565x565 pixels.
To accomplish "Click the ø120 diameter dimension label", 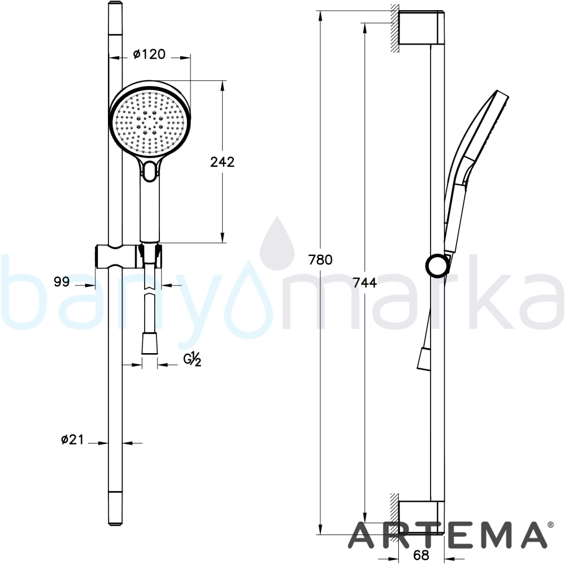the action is coord(149,54).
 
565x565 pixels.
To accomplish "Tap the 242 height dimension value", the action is coord(222,162).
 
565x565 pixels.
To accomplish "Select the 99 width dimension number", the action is coord(62,281).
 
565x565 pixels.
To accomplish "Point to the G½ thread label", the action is coord(193,359).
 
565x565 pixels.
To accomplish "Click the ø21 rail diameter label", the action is coord(72,439).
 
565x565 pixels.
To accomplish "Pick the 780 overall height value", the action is coord(320,259).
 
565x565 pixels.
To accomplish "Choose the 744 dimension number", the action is coord(364,282).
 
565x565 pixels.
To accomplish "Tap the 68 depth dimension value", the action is coord(421,555).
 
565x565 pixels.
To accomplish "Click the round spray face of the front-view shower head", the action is coord(149,123).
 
